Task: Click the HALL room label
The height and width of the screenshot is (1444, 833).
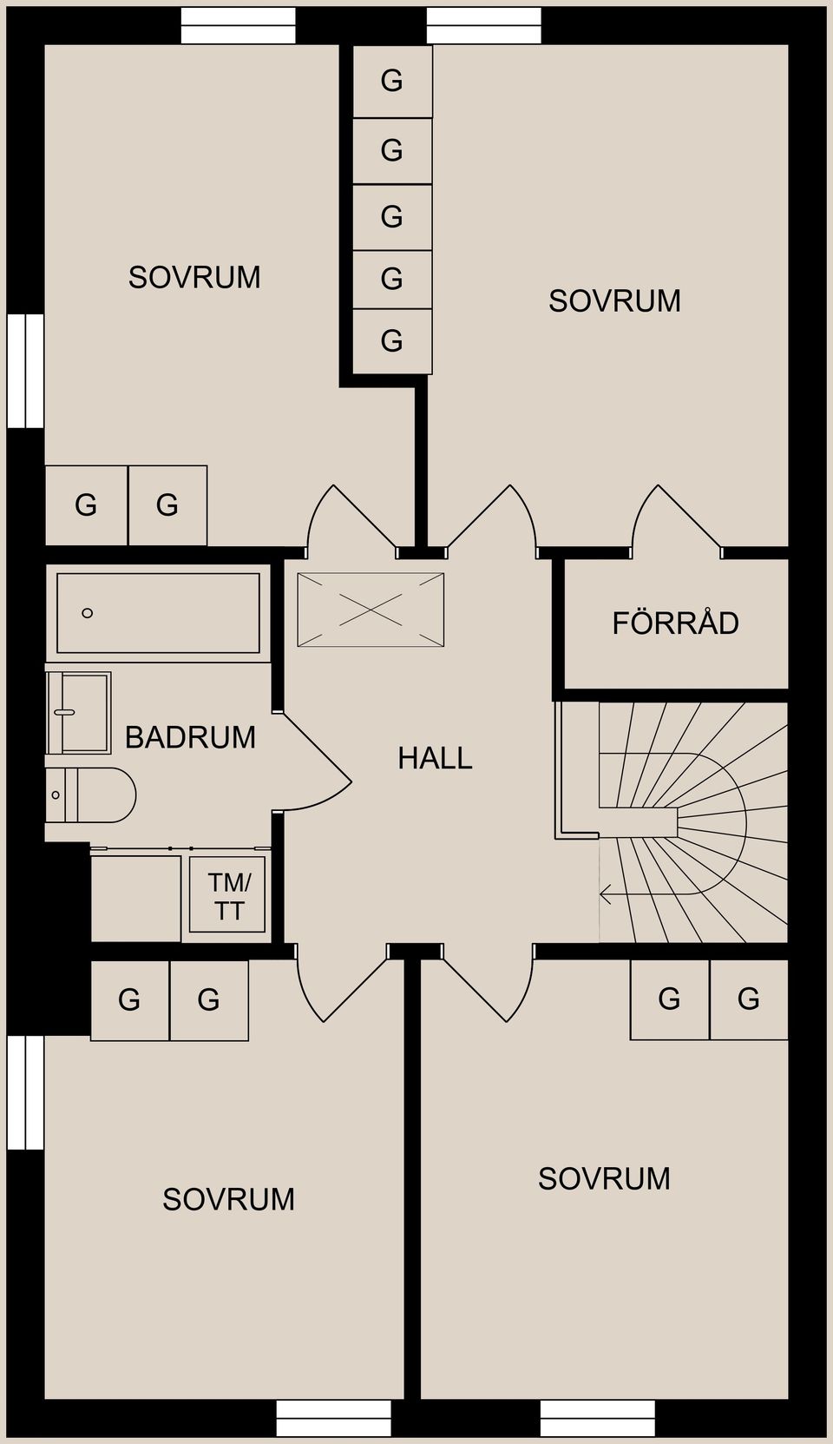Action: coord(435,758)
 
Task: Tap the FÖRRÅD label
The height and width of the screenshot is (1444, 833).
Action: coord(675,623)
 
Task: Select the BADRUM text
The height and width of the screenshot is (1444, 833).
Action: coord(190,737)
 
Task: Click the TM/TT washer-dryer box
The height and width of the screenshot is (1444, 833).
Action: coord(227,894)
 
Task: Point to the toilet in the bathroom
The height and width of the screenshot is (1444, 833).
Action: coord(91,795)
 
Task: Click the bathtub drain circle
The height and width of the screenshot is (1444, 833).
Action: coord(87,613)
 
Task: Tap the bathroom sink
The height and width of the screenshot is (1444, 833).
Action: coord(78,713)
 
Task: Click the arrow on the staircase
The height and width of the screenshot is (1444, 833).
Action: coord(606,893)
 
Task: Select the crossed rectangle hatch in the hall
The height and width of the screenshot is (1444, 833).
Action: coord(371,610)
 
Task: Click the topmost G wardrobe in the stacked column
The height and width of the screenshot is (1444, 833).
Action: coord(392,81)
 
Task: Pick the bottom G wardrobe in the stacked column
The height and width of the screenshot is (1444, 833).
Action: coord(392,340)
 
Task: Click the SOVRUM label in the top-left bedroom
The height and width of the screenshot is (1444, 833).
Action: coord(194,277)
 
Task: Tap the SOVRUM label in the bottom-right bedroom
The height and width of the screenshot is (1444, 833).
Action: coord(604,1178)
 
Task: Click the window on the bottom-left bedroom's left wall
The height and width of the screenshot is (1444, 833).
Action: coord(25,1092)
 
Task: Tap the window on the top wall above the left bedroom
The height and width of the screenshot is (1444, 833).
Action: coord(238,25)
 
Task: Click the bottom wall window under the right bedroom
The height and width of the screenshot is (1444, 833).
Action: coord(597,1418)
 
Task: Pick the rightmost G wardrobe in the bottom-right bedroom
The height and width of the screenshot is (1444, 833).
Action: coord(749,999)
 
